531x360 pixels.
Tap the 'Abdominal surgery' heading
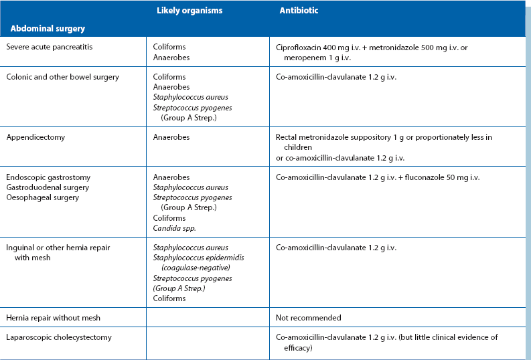pyautogui.click(x=47, y=29)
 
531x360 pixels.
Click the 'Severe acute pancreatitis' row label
pyautogui.click(x=48, y=47)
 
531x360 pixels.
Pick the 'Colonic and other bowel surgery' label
pyautogui.click(x=62, y=77)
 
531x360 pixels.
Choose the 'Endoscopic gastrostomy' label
pyautogui.click(x=48, y=177)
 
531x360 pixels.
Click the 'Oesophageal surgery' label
pyautogui.click(x=42, y=197)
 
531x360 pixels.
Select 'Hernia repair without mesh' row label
pyautogui.click(x=53, y=317)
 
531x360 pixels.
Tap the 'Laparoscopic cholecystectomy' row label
pyautogui.click(x=58, y=337)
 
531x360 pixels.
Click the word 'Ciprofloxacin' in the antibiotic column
pyautogui.click(x=299, y=47)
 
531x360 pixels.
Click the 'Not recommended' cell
pyautogui.click(x=308, y=317)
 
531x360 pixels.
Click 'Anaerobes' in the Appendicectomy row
pyautogui.click(x=171, y=137)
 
